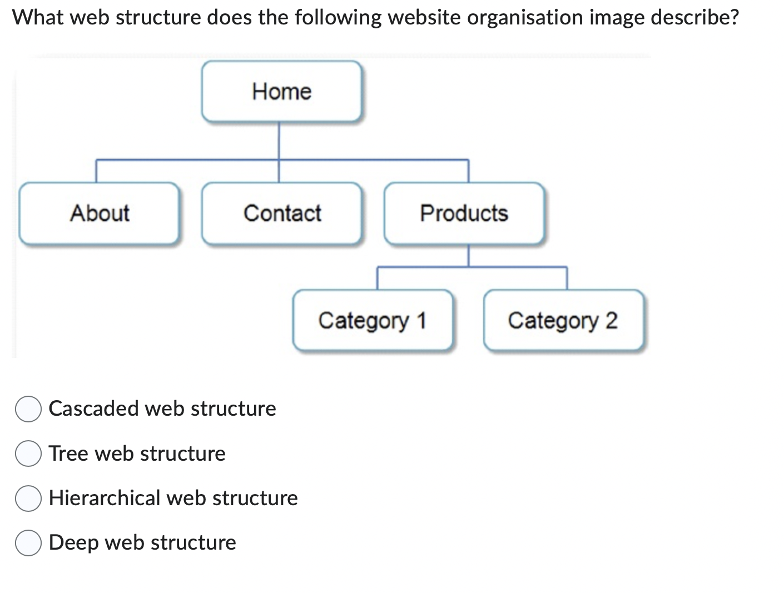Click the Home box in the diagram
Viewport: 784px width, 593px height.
(x=281, y=92)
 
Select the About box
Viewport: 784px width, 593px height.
(x=100, y=213)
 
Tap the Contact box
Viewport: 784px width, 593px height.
(x=282, y=213)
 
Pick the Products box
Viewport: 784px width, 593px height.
(x=464, y=213)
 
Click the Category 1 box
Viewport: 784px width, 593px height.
(x=372, y=321)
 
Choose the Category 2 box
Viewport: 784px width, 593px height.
(x=563, y=321)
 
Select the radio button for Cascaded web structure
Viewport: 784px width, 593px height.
(x=28, y=409)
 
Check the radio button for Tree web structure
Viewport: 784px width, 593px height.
(x=28, y=454)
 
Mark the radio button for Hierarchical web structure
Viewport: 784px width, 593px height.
(x=28, y=498)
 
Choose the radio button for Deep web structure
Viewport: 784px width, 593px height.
(x=28, y=543)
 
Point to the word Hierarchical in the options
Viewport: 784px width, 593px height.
(x=105, y=498)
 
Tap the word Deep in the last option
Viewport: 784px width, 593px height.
(x=73, y=543)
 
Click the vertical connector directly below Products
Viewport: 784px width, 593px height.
(x=468, y=256)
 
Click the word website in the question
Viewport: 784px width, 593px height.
(x=424, y=18)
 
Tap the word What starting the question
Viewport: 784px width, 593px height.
(x=38, y=18)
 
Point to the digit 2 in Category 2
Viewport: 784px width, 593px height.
(x=611, y=321)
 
